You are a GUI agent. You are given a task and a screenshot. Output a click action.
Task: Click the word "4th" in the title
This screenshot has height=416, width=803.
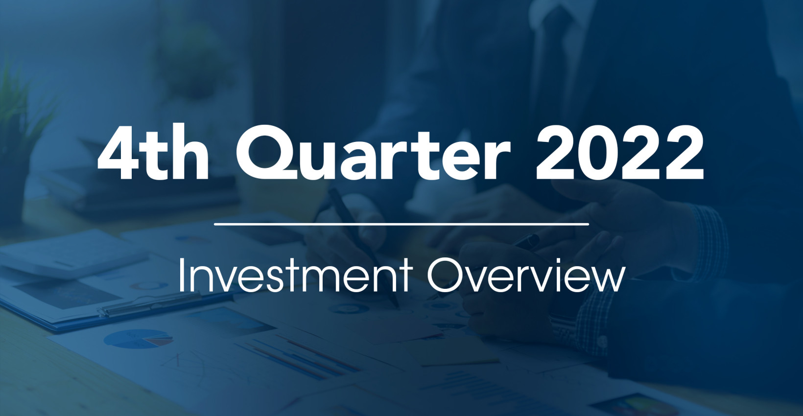[x=153, y=152]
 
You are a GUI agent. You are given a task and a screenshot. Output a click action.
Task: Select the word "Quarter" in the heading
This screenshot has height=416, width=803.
[x=373, y=152]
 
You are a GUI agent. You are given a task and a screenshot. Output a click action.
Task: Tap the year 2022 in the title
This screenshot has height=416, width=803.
[x=620, y=152]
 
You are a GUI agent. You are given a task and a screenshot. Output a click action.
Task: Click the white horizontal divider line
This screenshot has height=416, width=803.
[x=401, y=224]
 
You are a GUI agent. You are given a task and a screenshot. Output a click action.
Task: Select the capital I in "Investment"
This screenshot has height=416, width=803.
[x=181, y=275]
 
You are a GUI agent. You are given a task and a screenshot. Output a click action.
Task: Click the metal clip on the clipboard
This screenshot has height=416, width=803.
[x=151, y=304]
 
